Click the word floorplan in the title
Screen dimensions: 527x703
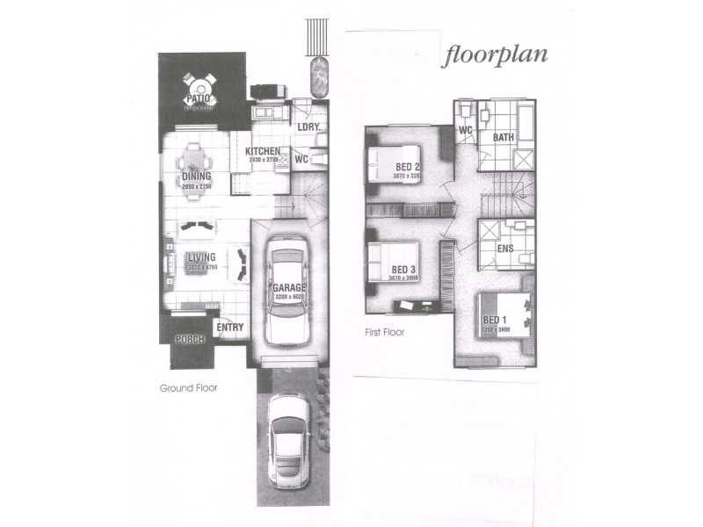[496, 54]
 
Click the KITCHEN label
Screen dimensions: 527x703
[263, 152]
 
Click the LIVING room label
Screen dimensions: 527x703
[201, 258]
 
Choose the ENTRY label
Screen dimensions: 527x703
[229, 328]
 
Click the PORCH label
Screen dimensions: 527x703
[189, 340]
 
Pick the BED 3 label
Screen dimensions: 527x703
[402, 269]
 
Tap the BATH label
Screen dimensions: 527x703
[504, 137]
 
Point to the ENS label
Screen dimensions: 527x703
[505, 249]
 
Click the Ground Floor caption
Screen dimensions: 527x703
[188, 387]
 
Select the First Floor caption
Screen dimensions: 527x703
[384, 334]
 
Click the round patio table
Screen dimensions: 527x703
[201, 87]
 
